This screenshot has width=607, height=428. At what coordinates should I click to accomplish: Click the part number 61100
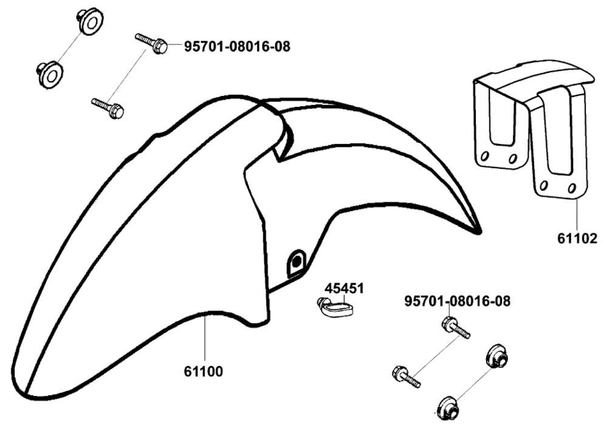tap(203, 372)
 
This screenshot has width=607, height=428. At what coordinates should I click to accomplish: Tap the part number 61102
tap(577, 238)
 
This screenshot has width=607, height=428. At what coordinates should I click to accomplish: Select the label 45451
tap(344, 288)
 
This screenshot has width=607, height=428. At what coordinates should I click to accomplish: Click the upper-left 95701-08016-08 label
tap(237, 47)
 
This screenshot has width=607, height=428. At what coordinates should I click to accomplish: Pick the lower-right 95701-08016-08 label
tap(458, 301)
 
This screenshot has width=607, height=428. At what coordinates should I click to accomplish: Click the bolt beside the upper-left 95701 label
tap(151, 44)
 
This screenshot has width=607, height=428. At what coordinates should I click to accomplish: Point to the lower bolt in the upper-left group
tap(107, 107)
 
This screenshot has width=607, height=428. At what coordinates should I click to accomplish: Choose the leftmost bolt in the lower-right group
tap(406, 377)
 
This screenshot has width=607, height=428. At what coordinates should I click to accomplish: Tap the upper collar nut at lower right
tap(497, 355)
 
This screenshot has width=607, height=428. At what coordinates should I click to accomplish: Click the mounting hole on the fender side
tap(296, 263)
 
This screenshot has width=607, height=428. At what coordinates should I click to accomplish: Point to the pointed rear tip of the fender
tap(480, 232)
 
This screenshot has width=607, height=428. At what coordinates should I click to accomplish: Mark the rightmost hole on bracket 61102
tap(571, 189)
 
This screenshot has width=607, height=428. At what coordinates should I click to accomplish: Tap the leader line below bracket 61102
tap(577, 214)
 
